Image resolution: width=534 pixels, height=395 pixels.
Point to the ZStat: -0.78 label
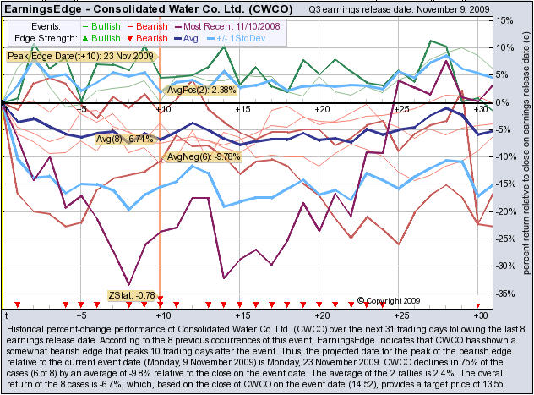[x=131, y=295]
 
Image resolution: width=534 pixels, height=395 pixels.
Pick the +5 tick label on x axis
[x=80, y=110]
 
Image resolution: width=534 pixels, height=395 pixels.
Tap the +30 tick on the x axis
[x=480, y=110]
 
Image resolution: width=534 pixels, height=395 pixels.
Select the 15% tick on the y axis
[x=504, y=20]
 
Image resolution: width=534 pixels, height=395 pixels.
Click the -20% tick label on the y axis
[x=505, y=211]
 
